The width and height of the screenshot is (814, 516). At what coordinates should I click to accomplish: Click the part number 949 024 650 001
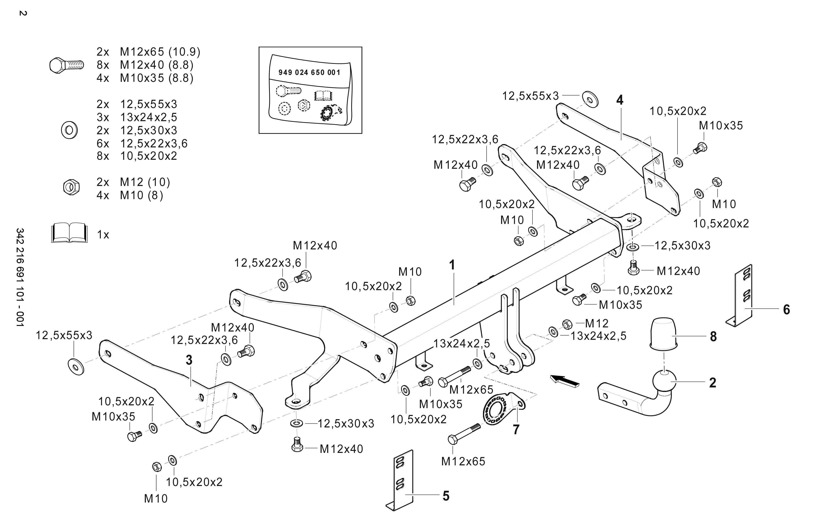(x=309, y=73)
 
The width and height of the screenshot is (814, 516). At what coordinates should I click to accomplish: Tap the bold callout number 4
(x=620, y=100)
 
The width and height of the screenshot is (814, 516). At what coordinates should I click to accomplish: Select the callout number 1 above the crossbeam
(x=452, y=265)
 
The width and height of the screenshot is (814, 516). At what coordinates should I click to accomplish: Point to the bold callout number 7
(x=516, y=430)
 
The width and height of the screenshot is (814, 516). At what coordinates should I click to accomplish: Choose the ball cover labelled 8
(x=663, y=333)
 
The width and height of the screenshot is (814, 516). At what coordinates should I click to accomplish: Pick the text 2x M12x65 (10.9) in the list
(x=148, y=52)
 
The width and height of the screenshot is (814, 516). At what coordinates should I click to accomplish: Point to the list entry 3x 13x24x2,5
(x=137, y=117)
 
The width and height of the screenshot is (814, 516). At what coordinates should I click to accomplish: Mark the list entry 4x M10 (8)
(x=130, y=195)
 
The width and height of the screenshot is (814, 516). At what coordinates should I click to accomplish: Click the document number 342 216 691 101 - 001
(x=20, y=277)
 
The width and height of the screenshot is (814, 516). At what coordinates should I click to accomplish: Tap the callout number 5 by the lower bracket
(x=446, y=496)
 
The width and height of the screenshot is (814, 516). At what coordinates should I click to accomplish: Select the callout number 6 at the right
(x=787, y=310)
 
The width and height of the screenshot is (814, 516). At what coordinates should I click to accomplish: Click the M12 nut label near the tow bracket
(x=597, y=323)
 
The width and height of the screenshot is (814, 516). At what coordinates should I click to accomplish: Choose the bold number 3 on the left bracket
(x=189, y=360)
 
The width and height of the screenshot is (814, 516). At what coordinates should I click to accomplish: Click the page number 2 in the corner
(x=23, y=14)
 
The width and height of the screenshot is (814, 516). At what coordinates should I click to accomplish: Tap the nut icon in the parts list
(x=71, y=187)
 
